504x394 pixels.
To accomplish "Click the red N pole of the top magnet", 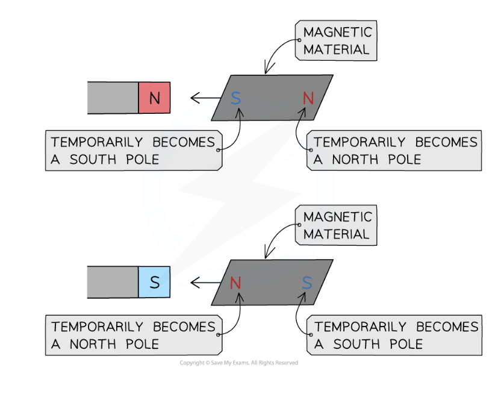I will (154, 98).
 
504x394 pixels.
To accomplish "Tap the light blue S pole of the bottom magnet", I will (154, 282).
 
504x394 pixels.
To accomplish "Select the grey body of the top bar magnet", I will (113, 98).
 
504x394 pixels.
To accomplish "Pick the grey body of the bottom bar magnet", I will (113, 282).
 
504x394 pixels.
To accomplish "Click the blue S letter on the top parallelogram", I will (235, 98).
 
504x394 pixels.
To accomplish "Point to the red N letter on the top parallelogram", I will (308, 98).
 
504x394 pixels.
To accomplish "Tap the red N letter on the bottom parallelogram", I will (235, 283).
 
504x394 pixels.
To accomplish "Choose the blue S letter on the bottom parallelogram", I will (307, 283).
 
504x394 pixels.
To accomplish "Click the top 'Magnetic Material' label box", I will (337, 40).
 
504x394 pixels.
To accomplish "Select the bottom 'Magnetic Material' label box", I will (337, 225).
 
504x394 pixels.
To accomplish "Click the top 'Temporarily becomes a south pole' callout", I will (132, 151).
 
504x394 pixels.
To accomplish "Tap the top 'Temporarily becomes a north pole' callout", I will (395, 151).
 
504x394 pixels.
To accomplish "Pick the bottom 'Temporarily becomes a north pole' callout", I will (132, 336).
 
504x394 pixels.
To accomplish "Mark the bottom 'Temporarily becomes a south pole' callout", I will (395, 336).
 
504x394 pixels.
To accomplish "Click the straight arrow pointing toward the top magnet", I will (204, 98).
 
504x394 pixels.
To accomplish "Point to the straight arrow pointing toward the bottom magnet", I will (204, 282).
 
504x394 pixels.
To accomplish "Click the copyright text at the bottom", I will (238, 363).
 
